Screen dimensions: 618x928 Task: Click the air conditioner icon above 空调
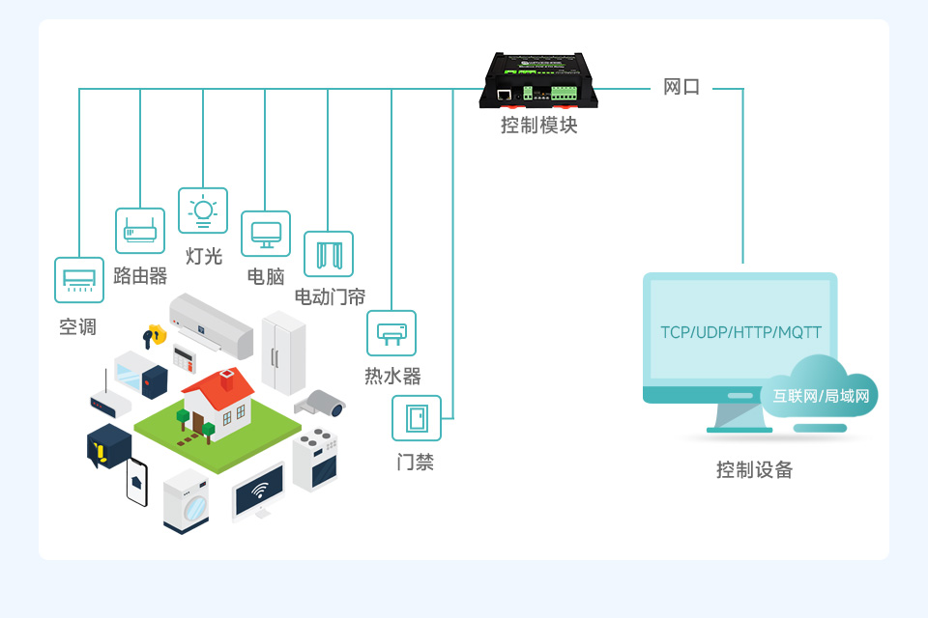[x=79, y=279]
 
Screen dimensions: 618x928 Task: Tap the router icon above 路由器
[x=140, y=231]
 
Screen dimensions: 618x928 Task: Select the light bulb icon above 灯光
[x=203, y=211]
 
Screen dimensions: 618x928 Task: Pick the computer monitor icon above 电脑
[x=266, y=234]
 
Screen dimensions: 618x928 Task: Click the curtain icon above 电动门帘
[x=329, y=254]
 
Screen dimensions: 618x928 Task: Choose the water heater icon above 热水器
[x=391, y=333]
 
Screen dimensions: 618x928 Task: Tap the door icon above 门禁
[x=417, y=418]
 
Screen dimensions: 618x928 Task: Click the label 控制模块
[x=538, y=126]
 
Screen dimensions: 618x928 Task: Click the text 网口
[x=681, y=88]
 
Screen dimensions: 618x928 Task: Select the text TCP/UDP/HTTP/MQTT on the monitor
[x=740, y=333]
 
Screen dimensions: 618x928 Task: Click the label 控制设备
[x=754, y=470]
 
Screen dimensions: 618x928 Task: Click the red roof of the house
[x=218, y=388]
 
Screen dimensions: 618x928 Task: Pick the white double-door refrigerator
[x=283, y=351]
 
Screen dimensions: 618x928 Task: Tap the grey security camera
[x=323, y=403]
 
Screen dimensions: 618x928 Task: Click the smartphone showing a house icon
[x=136, y=482]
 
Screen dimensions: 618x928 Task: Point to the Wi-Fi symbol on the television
[x=259, y=491]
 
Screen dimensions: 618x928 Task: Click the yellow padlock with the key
[x=155, y=335]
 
